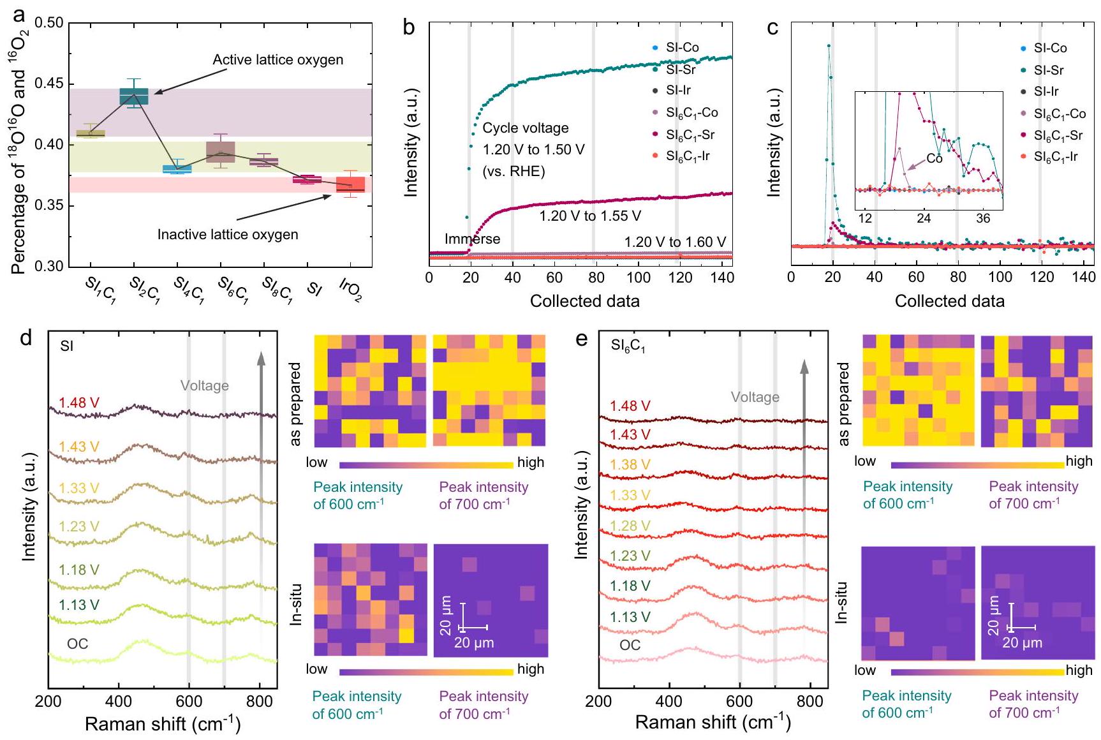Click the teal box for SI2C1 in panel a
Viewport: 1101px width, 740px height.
(x=134, y=96)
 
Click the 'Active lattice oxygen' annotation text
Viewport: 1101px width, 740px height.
(x=277, y=60)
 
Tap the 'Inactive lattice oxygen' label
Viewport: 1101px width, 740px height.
(x=228, y=235)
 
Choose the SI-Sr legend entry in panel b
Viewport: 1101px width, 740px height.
(x=680, y=69)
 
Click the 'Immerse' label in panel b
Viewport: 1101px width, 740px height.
(x=472, y=239)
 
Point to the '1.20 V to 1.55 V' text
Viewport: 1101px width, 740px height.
(x=590, y=216)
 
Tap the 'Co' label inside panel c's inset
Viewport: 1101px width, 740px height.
(x=934, y=159)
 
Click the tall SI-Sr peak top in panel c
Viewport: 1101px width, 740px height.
(x=829, y=45)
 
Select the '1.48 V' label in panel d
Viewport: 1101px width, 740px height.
(x=79, y=403)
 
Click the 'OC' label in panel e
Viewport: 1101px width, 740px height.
(x=630, y=645)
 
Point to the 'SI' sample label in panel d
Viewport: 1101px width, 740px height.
(x=66, y=346)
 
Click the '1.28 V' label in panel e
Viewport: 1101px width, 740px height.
(x=630, y=526)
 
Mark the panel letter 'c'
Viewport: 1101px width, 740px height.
(x=772, y=29)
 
